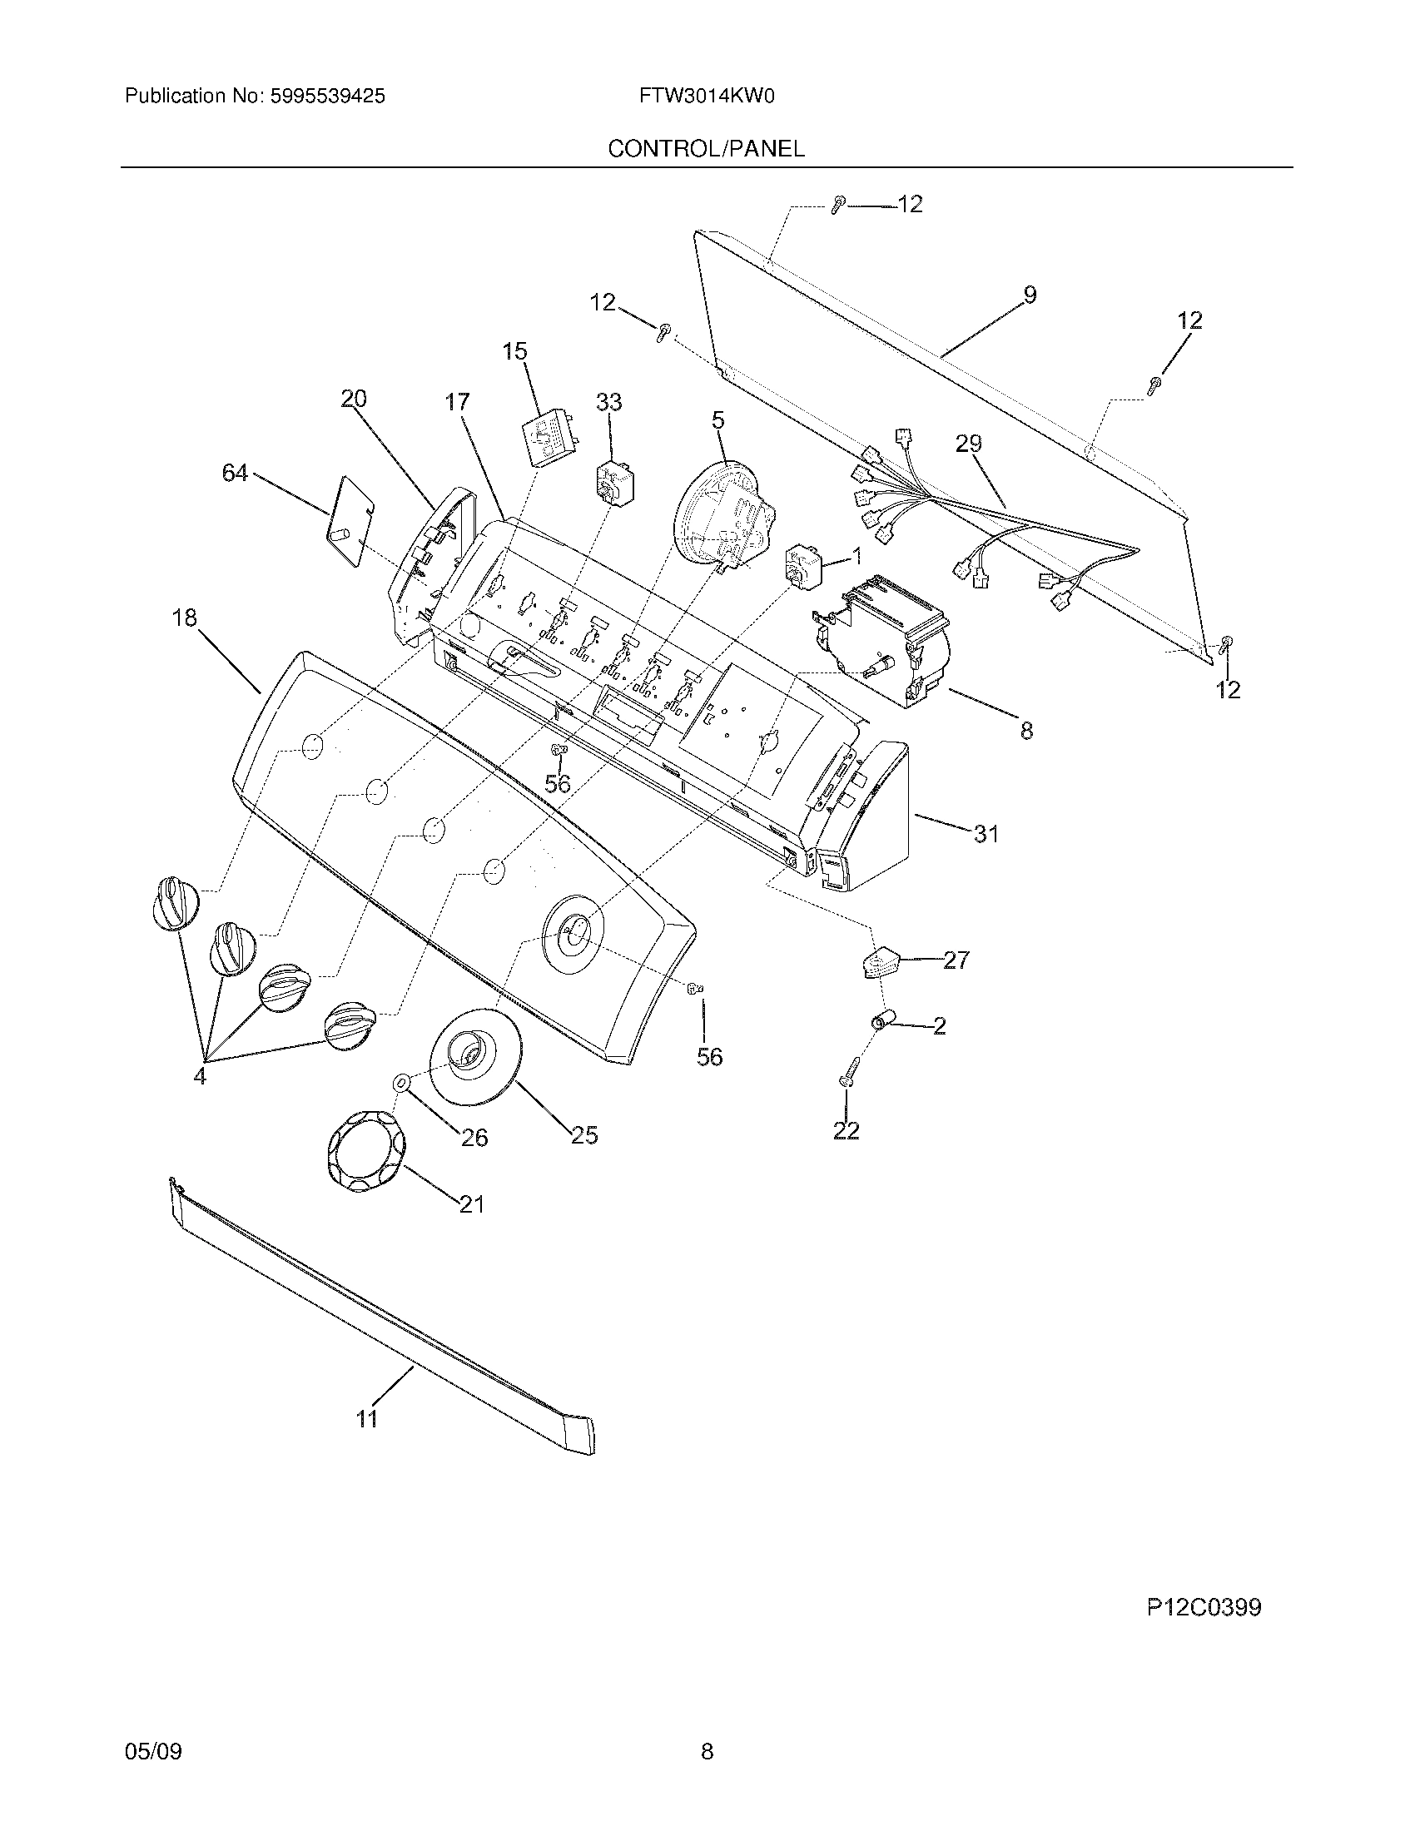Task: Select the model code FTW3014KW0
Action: click(706, 97)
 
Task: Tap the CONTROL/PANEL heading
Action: click(706, 149)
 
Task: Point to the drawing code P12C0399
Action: click(1204, 1607)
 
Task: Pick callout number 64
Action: click(235, 474)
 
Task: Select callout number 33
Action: click(608, 404)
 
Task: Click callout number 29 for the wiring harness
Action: click(968, 444)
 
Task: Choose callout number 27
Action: click(956, 960)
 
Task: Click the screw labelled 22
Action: click(845, 1083)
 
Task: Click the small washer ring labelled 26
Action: click(400, 1084)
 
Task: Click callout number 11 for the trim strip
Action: click(367, 1417)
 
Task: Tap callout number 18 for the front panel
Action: click(185, 618)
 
